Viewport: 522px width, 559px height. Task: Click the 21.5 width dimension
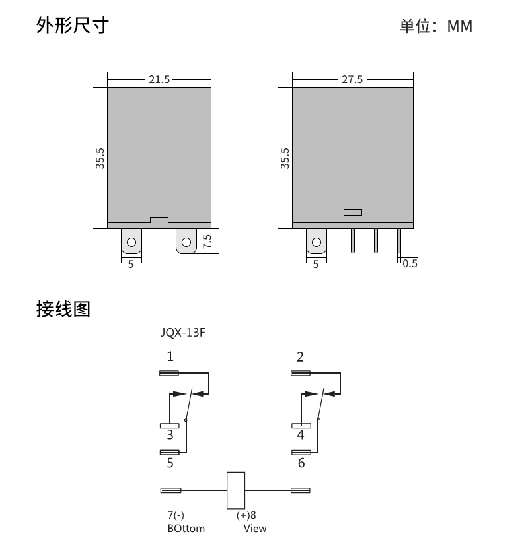point(159,79)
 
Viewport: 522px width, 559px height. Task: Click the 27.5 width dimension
point(352,79)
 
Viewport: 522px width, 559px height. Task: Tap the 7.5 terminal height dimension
point(207,242)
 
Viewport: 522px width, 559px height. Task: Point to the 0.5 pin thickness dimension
point(410,263)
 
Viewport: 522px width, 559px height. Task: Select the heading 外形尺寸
point(73,25)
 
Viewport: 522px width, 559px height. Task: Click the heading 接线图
point(63,309)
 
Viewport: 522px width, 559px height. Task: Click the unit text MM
point(460,26)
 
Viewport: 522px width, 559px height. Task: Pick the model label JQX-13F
point(183,332)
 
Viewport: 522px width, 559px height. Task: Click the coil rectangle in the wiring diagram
point(236,490)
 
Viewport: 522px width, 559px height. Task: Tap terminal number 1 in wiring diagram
point(170,356)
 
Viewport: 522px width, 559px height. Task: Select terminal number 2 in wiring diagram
point(300,356)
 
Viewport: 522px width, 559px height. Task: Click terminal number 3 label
point(170,434)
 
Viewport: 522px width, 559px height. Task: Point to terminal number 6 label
point(301,463)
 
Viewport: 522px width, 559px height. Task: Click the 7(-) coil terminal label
point(176,515)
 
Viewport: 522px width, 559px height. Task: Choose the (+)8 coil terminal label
point(246,515)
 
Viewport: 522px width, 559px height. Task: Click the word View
point(255,529)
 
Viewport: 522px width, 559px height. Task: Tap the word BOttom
point(186,529)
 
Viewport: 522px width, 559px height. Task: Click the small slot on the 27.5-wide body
point(353,213)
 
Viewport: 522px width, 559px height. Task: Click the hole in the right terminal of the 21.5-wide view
point(186,242)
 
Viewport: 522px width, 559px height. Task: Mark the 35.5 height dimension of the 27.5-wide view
point(285,158)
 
